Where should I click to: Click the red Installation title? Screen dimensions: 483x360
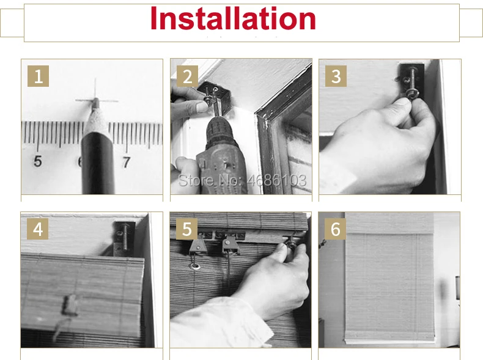click(x=233, y=18)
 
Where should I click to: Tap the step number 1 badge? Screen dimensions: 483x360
click(x=38, y=76)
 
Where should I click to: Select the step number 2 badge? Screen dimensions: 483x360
click(x=187, y=76)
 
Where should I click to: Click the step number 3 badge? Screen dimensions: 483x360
click(x=336, y=76)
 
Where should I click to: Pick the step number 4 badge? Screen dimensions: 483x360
click(x=37, y=229)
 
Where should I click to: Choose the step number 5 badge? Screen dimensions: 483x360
click(x=186, y=229)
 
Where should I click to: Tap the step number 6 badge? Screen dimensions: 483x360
click(x=336, y=229)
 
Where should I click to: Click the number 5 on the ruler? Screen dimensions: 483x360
click(x=37, y=161)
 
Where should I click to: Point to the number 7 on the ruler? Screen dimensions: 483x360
click(x=127, y=163)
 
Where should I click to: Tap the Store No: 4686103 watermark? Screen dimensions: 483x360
click(x=243, y=180)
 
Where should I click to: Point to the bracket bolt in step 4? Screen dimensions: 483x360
click(x=125, y=237)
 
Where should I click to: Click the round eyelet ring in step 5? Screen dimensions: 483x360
click(x=194, y=266)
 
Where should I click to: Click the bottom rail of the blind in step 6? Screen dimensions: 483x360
click(x=389, y=340)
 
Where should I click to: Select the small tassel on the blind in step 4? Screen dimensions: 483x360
click(x=70, y=305)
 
